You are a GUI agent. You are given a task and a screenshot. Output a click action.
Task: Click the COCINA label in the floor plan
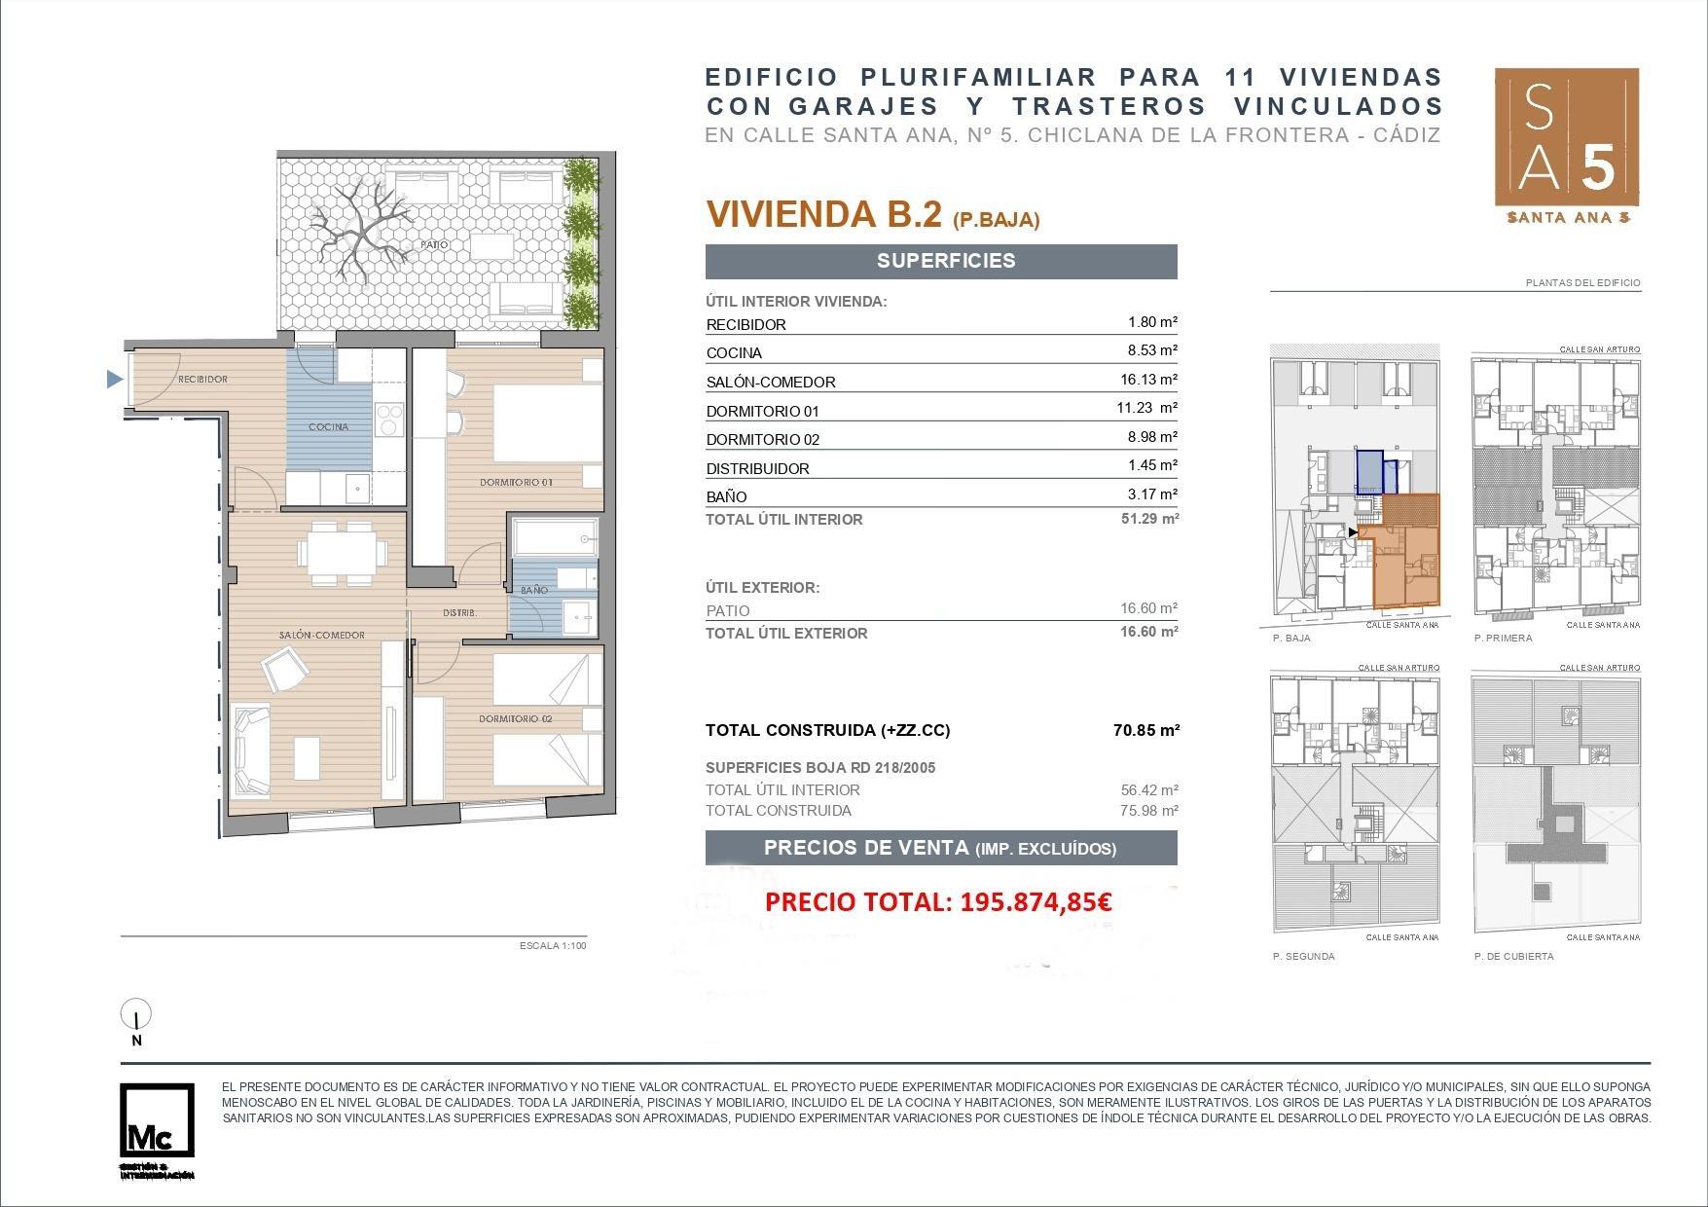[328, 426]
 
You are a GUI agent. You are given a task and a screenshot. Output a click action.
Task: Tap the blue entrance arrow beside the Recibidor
[115, 380]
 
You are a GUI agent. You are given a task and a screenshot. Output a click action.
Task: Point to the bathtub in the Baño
[554, 537]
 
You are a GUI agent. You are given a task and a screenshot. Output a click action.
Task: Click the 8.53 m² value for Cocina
[1152, 350]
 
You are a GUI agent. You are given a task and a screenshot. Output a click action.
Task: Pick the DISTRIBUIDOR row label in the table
[757, 468]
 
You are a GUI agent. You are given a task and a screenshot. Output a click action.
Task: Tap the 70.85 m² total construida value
[1145, 730]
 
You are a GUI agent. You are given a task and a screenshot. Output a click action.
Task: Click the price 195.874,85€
[1036, 902]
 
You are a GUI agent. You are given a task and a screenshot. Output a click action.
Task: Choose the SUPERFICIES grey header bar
[941, 261]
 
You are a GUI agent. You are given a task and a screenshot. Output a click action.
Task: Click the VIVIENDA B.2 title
[823, 214]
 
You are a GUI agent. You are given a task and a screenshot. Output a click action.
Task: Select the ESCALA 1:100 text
[553, 945]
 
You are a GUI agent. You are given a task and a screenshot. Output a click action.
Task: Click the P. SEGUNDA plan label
[1303, 956]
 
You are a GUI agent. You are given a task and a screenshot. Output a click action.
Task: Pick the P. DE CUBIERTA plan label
[1513, 956]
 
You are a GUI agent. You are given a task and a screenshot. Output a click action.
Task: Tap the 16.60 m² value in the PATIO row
[1148, 609]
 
